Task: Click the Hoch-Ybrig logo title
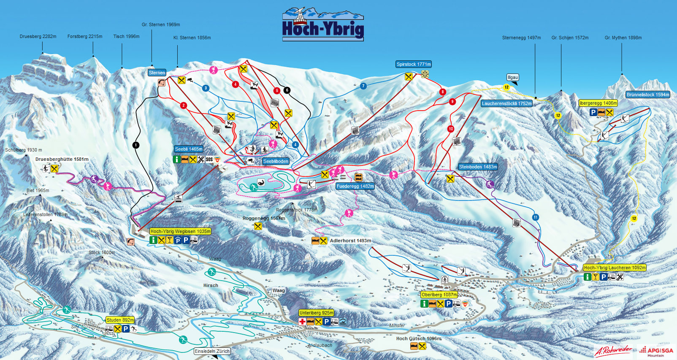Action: coord(323,28)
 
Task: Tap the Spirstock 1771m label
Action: coord(414,64)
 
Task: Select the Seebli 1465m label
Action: coord(189,149)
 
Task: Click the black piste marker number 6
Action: coord(287,90)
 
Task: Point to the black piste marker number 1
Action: coord(136,145)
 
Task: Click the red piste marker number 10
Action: coord(451,129)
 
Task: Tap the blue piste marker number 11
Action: coord(535,217)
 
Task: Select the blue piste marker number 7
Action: coord(363,86)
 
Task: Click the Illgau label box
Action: coord(512,78)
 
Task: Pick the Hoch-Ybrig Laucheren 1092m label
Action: coord(615,268)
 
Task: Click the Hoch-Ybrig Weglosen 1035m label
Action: coord(180,231)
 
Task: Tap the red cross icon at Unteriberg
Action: coord(302,322)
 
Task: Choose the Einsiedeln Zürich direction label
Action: coord(212,351)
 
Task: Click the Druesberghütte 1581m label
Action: coord(62,159)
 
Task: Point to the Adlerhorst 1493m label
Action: coord(350,241)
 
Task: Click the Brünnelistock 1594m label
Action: coord(648,95)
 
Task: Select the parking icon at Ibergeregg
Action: coord(593,112)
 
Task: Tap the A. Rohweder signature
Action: coord(613,350)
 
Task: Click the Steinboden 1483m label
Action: coord(478,167)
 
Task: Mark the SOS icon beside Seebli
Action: coord(209,160)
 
